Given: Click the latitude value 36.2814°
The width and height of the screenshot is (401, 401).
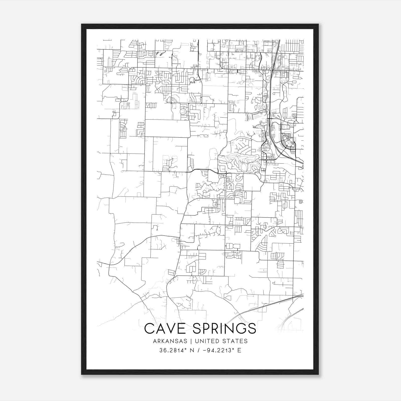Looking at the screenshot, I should point(173,350).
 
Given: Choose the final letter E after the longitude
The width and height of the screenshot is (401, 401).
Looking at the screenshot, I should point(239,350).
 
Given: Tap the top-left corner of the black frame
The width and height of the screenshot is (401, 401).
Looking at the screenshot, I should point(82,25).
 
